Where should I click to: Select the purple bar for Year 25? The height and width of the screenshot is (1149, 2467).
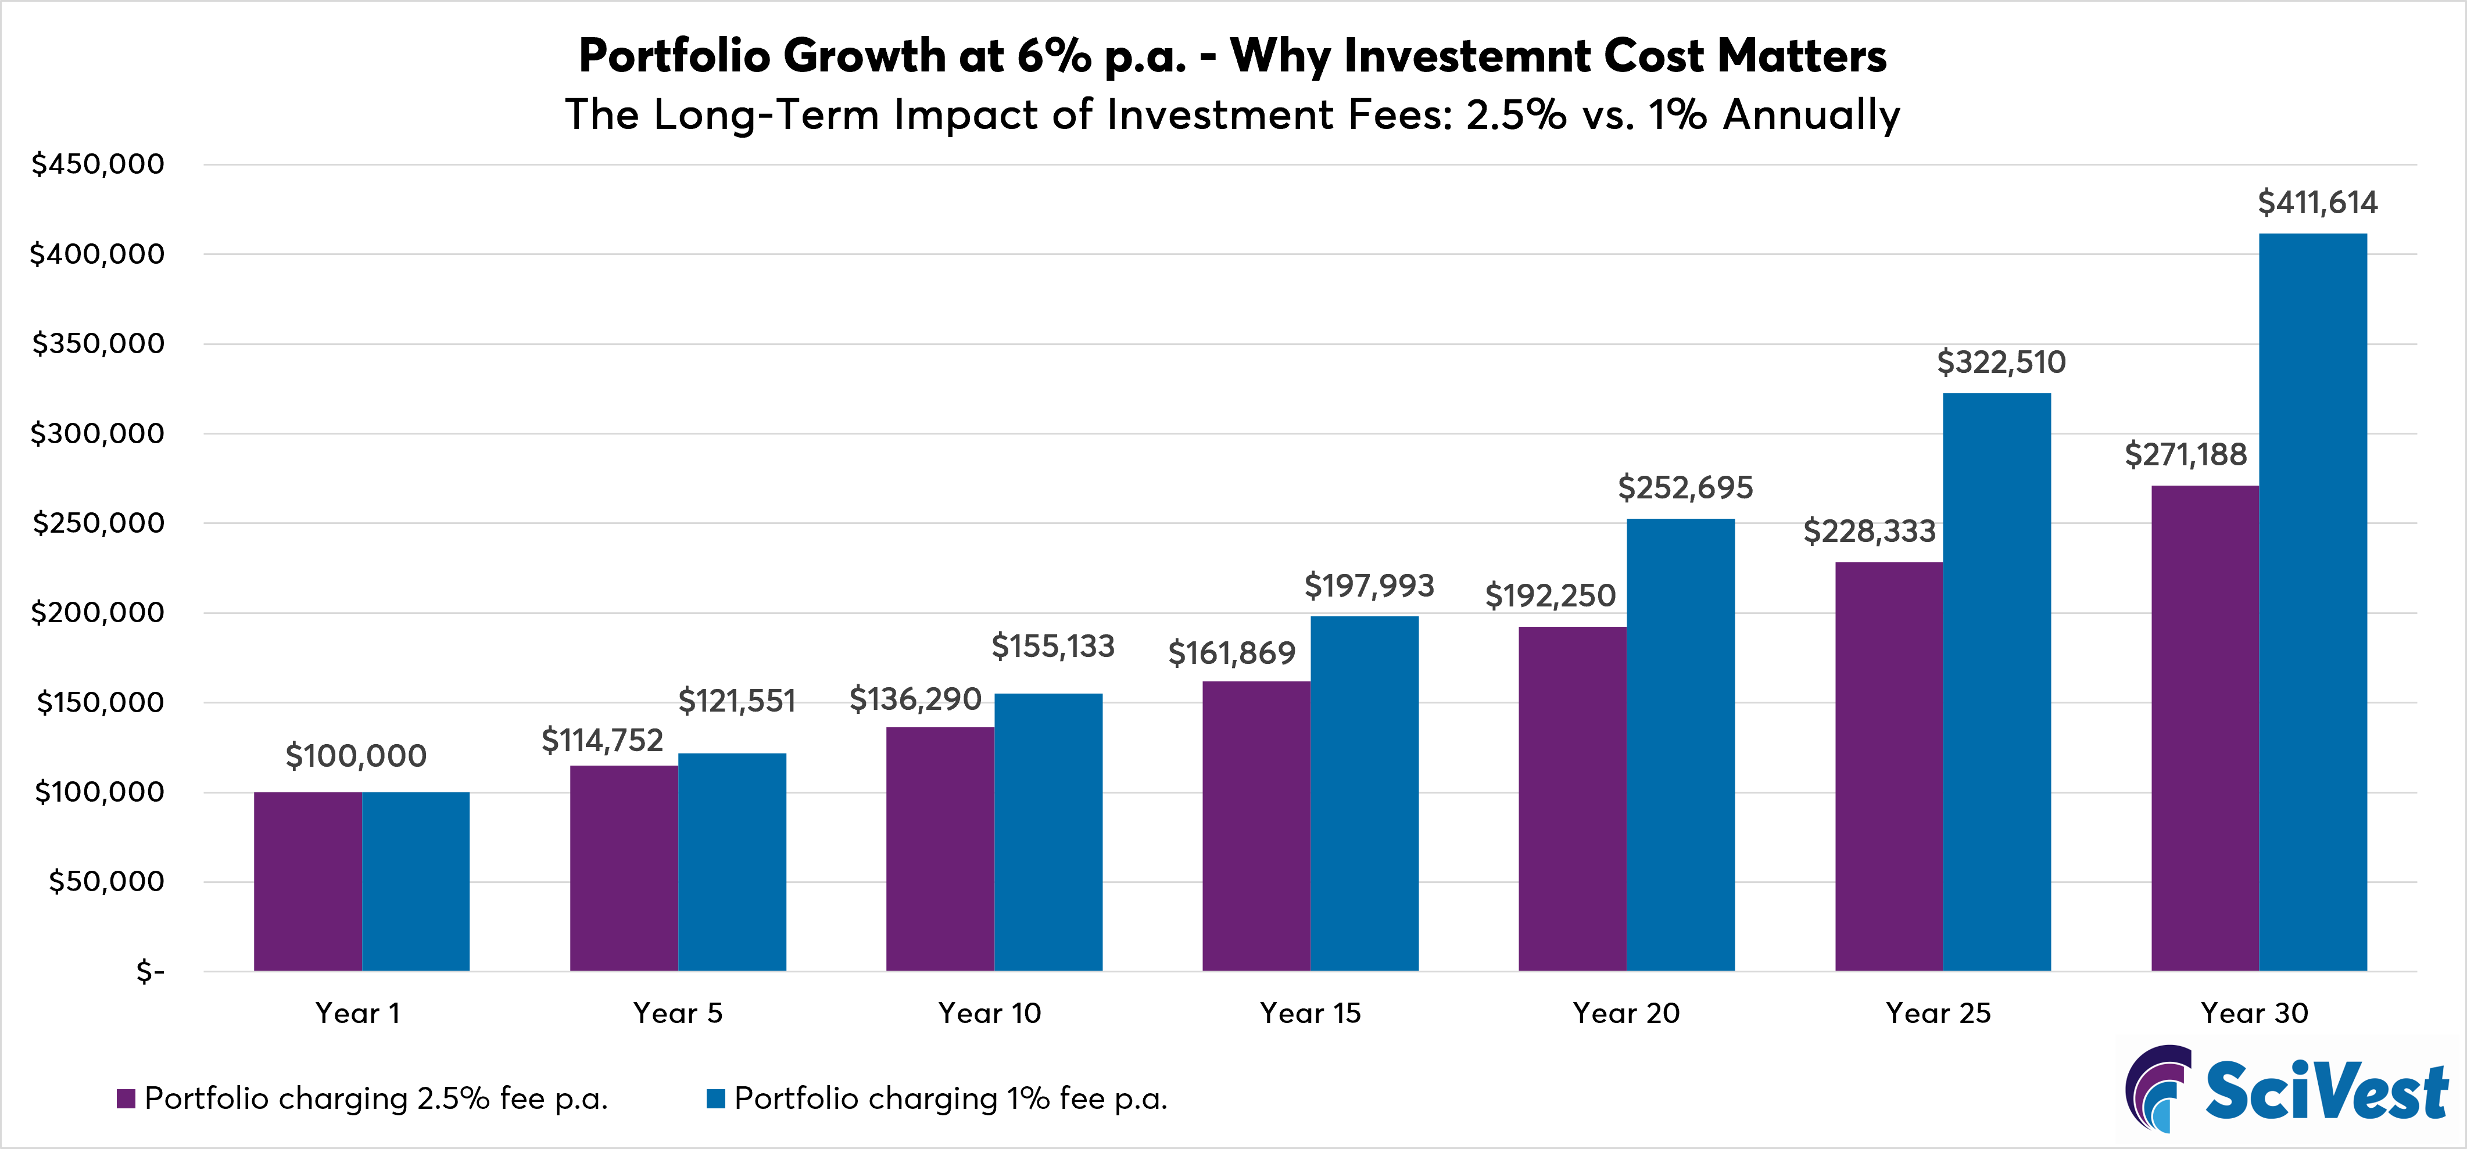pyautogui.click(x=1889, y=766)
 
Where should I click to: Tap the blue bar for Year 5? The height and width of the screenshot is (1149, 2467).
pyautogui.click(x=732, y=862)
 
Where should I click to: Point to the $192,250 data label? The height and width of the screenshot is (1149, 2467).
pyautogui.click(x=1549, y=595)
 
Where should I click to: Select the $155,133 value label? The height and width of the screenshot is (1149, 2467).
pyautogui.click(x=1052, y=647)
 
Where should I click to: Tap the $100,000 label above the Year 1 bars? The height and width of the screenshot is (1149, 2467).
pyautogui.click(x=356, y=756)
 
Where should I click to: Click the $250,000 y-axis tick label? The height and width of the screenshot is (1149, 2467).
pyautogui.click(x=98, y=523)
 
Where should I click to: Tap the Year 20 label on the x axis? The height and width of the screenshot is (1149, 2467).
pyautogui.click(x=1626, y=1013)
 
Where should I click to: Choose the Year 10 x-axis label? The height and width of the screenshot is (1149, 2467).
pyautogui.click(x=989, y=1013)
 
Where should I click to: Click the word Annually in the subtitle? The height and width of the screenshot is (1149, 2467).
pyautogui.click(x=1811, y=115)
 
